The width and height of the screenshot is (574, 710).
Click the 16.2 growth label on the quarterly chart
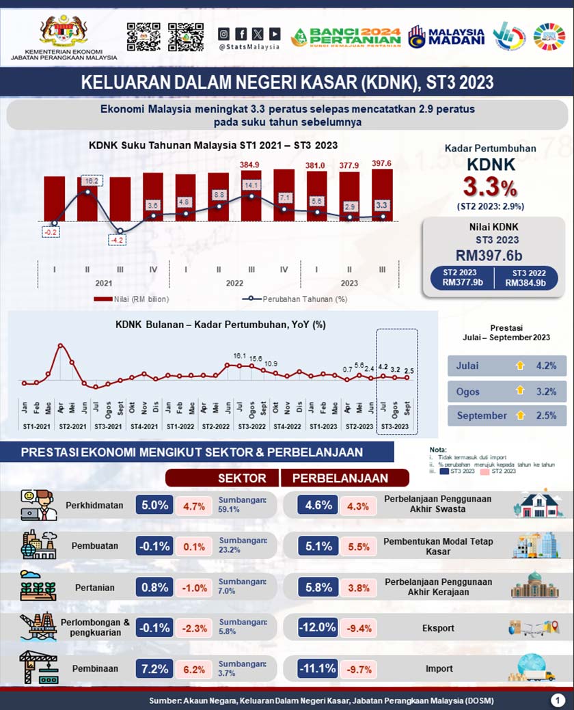[92, 181]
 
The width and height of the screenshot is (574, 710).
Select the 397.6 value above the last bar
[382, 164]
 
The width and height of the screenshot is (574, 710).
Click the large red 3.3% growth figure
[490, 187]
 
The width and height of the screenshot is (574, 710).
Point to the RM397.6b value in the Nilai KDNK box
[493, 254]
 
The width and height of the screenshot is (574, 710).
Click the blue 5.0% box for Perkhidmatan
[154, 506]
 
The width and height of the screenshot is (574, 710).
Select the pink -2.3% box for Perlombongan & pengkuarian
[195, 628]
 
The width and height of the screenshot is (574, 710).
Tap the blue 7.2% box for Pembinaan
[154, 669]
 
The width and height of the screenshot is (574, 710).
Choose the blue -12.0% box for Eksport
[317, 627]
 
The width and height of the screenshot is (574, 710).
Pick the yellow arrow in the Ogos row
[520, 391]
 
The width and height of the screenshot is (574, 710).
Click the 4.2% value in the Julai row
[546, 366]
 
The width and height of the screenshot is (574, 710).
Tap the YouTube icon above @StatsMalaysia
[274, 33]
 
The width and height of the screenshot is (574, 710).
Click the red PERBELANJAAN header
[346, 478]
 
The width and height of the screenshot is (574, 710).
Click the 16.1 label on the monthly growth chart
[239, 356]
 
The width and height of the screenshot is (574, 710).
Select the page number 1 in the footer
[558, 700]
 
